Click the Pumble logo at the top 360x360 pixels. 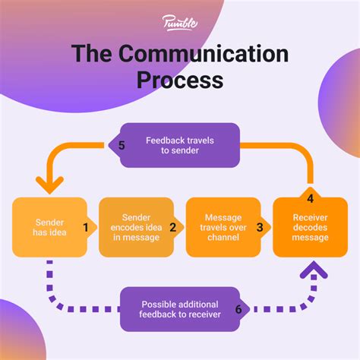pos(180,22)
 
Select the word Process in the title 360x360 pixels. pos(180,80)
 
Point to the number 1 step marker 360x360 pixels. pos(86,226)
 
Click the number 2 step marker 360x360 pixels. pos(172,226)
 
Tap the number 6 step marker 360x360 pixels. pos(238,309)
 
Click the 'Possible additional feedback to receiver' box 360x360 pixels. pos(180,309)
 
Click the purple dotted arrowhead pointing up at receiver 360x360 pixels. pos(311,270)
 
